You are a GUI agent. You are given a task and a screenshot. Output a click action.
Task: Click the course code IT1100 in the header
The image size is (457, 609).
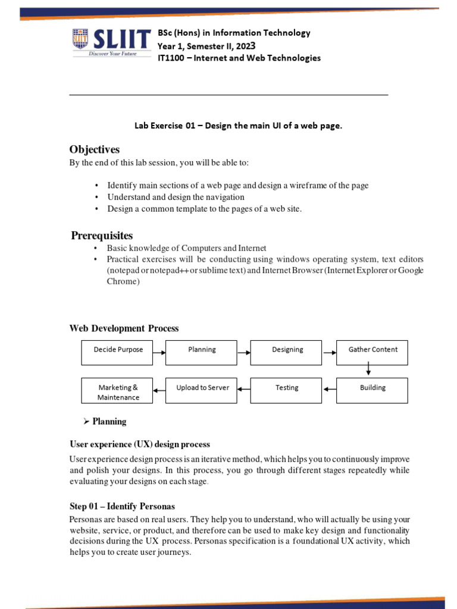(x=171, y=58)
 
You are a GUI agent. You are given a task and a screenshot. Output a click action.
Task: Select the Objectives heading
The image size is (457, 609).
(x=94, y=149)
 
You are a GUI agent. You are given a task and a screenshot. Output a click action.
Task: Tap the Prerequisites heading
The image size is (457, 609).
(x=102, y=236)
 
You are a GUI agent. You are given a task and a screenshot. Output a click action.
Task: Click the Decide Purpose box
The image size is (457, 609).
(x=117, y=352)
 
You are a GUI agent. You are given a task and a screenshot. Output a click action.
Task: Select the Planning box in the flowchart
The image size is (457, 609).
(x=201, y=352)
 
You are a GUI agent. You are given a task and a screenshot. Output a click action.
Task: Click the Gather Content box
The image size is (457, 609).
(x=372, y=352)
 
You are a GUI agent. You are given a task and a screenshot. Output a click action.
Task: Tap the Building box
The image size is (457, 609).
(x=372, y=390)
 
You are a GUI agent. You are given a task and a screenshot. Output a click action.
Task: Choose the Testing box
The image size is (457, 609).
(x=286, y=390)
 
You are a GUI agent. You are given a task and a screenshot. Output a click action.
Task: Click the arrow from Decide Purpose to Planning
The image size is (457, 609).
(x=159, y=352)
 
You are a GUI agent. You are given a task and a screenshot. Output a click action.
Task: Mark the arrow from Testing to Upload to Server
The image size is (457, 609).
(x=244, y=390)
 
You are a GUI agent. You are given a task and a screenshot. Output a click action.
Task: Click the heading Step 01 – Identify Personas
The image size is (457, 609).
(x=122, y=507)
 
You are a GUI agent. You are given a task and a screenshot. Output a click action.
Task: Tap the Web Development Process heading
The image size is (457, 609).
(x=124, y=328)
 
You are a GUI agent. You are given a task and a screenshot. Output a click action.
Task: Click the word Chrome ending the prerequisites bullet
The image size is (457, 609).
(x=123, y=281)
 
